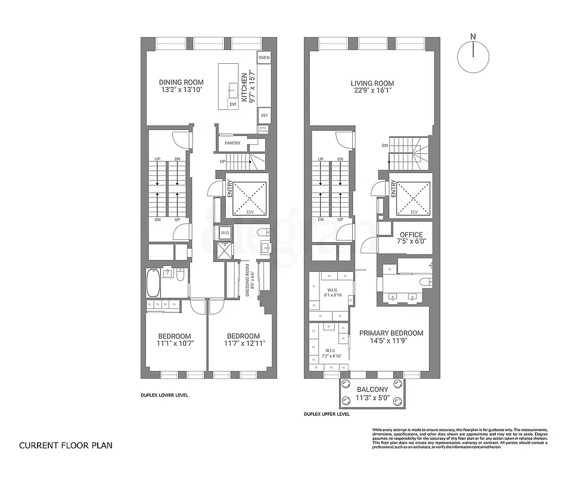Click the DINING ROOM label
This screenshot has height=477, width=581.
tap(181, 82)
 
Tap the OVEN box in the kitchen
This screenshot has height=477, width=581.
tap(264, 58)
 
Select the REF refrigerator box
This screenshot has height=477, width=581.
tap(264, 116)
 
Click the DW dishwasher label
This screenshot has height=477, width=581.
tap(233, 104)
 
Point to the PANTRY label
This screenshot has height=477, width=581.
tap(232, 143)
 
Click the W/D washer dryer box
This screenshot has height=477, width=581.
tap(225, 232)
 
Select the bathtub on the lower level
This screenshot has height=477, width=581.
tap(152, 283)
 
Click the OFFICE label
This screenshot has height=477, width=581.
tap(411, 235)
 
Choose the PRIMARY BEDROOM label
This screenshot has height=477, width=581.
tap(390, 333)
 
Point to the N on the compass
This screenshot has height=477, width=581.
tap(473, 37)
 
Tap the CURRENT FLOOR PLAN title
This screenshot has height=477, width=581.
tap(65, 445)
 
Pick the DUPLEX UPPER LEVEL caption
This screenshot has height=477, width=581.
tap(327, 414)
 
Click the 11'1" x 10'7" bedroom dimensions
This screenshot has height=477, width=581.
tap(175, 343)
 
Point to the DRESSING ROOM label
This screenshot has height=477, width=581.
tap(247, 281)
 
